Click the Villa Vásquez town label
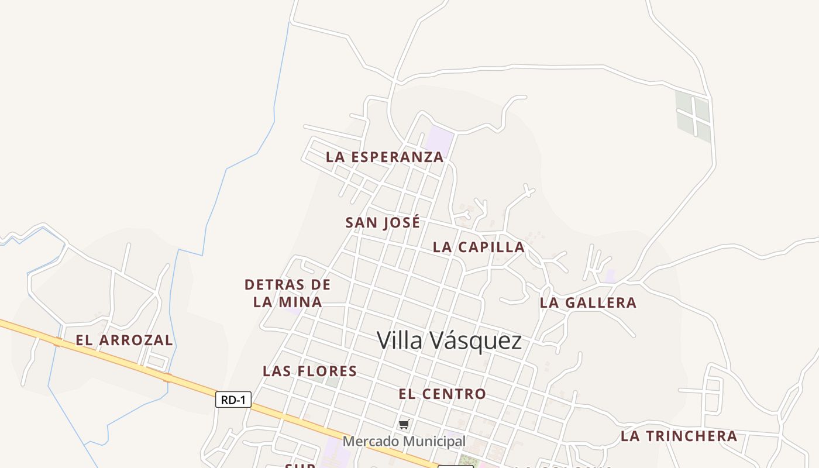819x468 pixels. point(449,340)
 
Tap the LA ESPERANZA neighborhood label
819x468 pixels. point(384,157)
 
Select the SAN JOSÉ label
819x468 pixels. point(383,223)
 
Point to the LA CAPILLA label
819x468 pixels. point(479,247)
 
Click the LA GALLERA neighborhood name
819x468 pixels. point(588,303)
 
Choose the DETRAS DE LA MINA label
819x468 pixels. point(287,293)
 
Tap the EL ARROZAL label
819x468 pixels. point(124,340)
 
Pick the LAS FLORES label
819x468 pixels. point(309,371)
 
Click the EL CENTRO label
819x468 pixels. point(442,394)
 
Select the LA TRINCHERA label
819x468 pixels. point(679,436)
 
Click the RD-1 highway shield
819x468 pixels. point(233,400)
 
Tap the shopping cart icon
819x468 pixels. point(404,424)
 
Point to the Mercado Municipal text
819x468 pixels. point(404,441)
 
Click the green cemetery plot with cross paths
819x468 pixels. point(694,115)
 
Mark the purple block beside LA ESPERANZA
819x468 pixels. point(440,141)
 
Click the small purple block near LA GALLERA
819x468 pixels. point(610,276)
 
